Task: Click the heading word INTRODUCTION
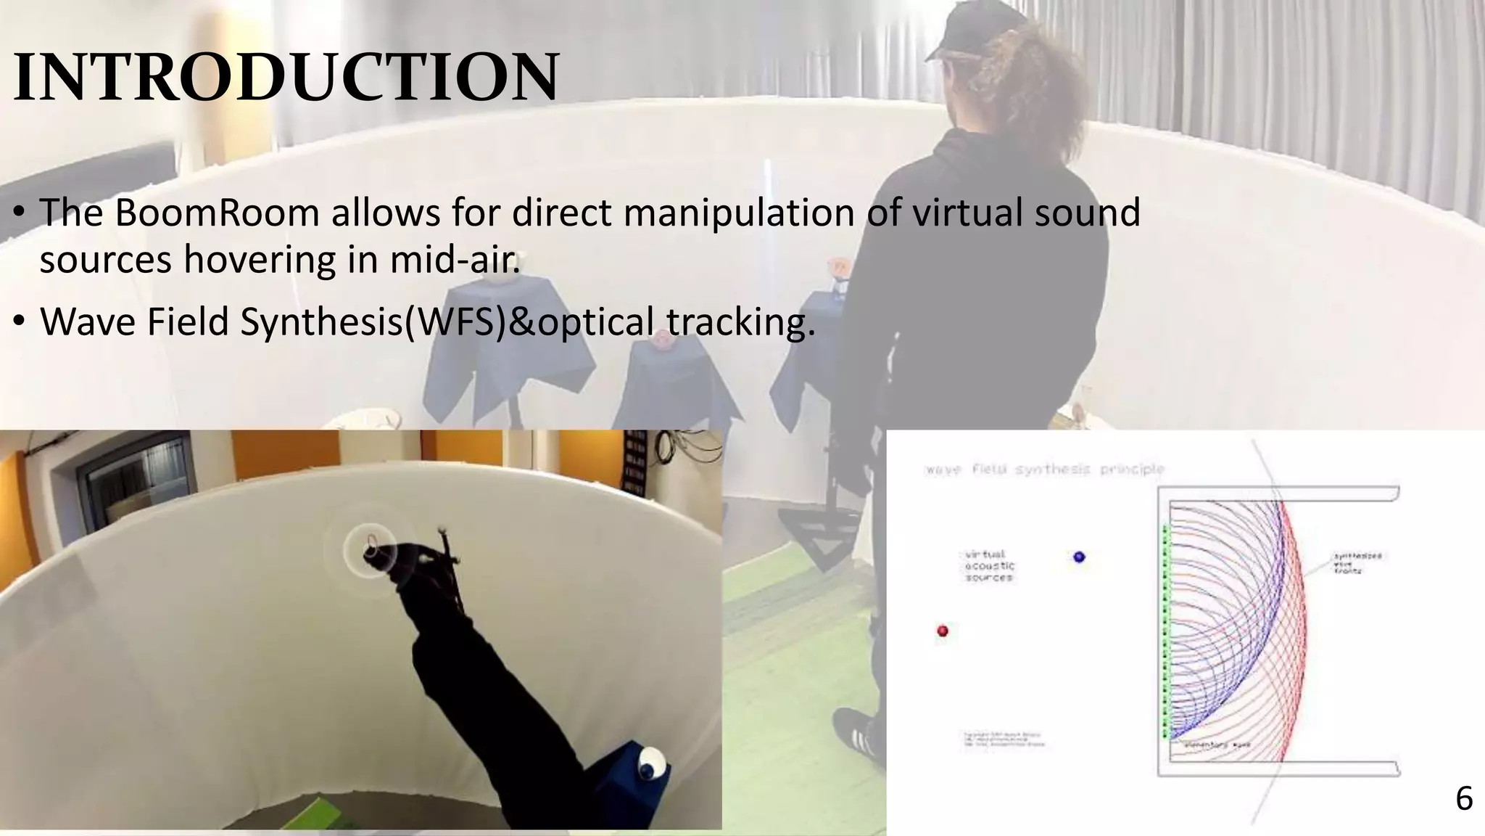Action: (x=286, y=77)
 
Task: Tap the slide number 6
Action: (x=1464, y=799)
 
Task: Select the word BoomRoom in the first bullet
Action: (x=217, y=213)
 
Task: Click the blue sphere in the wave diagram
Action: (x=1079, y=557)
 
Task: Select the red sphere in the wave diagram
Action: (x=943, y=631)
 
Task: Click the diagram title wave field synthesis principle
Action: (x=1044, y=470)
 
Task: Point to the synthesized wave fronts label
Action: (x=1357, y=563)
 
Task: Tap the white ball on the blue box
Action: (x=650, y=761)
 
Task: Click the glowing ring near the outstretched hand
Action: (x=370, y=546)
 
